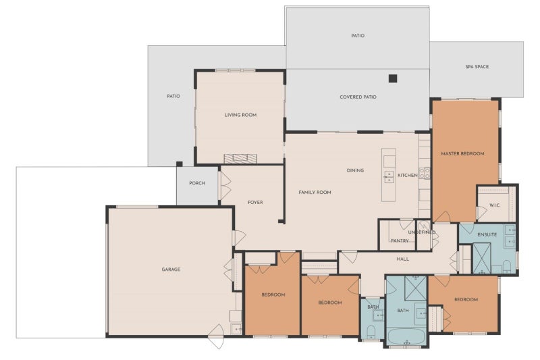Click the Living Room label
click(240, 115)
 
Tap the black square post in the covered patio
click(393, 78)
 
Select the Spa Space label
click(477, 67)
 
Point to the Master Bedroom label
click(462, 153)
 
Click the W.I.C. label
click(495, 205)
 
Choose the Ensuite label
click(487, 234)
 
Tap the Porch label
click(197, 183)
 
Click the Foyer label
click(255, 203)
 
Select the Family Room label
click(315, 192)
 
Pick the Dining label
click(355, 170)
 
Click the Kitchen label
click(408, 176)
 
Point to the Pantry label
click(400, 241)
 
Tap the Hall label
click(402, 259)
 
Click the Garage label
click(171, 269)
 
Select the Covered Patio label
click(358, 97)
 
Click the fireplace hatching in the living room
click(240, 159)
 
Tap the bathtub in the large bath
click(406, 336)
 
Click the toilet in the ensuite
click(507, 267)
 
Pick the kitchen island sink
click(389, 177)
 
